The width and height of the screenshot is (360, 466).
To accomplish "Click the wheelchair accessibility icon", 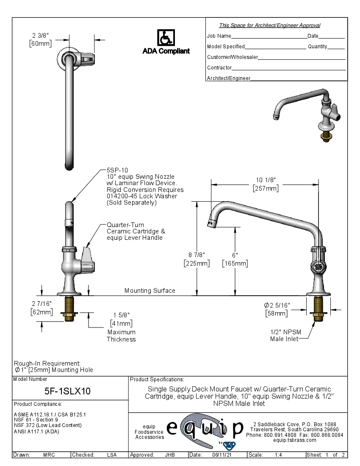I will [166, 38].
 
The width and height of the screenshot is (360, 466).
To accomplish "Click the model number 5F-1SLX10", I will [68, 391].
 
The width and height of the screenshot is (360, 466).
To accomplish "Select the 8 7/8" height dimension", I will [197, 255].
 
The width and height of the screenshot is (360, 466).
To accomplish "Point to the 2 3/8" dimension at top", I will [40, 36].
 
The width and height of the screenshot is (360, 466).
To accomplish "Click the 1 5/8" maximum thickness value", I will [121, 315].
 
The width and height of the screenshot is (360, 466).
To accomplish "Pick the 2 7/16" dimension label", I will [42, 304].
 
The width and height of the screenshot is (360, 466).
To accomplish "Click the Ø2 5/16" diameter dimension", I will [277, 305].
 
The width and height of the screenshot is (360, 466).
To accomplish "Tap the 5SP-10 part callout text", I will [114, 170].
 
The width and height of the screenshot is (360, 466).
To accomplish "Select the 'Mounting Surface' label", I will [150, 291].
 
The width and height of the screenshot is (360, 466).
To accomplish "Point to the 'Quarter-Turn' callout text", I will [125, 225].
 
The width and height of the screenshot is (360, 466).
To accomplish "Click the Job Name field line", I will [269, 36].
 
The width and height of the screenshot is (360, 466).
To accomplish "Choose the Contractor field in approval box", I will [289, 68].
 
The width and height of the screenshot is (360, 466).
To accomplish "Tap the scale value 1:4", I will [279, 455].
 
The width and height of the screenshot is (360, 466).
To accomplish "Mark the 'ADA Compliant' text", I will [166, 51].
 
